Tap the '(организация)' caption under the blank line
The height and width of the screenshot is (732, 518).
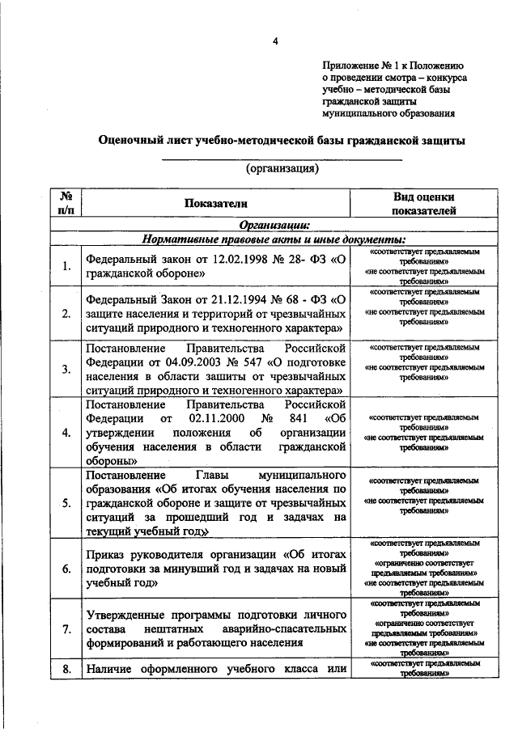coord(282,168)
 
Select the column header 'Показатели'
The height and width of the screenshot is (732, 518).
coord(214,204)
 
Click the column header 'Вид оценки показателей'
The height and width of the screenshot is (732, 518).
coord(423,204)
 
